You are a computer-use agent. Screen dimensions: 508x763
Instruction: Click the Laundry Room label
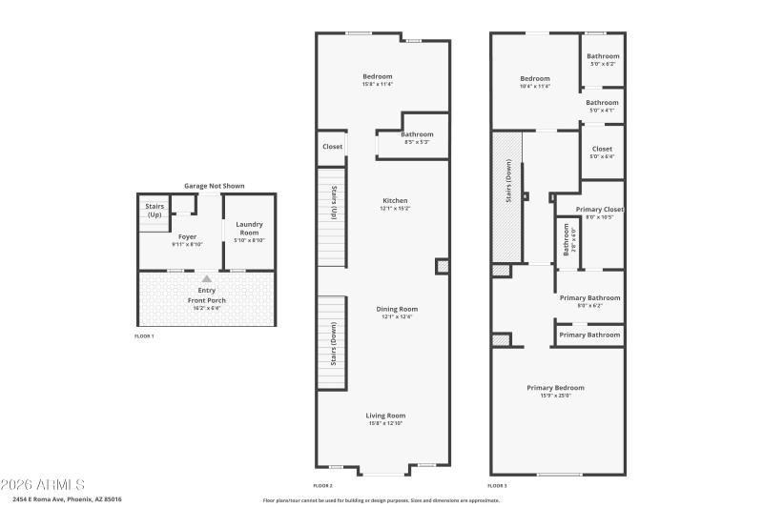pyautogui.click(x=249, y=228)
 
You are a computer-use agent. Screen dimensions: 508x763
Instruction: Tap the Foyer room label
pyautogui.click(x=188, y=236)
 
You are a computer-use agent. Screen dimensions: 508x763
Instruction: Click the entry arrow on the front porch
pyautogui.click(x=207, y=278)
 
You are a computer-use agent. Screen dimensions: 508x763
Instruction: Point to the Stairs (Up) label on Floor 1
pyautogui.click(x=155, y=210)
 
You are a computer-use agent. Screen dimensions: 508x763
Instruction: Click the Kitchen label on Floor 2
pyautogui.click(x=395, y=201)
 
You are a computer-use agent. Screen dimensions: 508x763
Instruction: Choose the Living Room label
pyautogui.click(x=385, y=416)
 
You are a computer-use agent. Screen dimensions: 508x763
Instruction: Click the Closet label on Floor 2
pyautogui.click(x=332, y=147)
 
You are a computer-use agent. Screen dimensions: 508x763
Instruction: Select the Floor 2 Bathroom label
pyautogui.click(x=417, y=134)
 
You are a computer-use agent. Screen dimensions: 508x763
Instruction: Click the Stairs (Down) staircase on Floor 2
pyautogui.click(x=331, y=342)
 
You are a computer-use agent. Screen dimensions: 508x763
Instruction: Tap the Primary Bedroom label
pyautogui.click(x=555, y=388)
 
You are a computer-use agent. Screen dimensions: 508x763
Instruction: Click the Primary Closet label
pyautogui.click(x=600, y=209)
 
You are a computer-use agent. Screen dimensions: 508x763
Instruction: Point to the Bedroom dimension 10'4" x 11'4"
pyautogui.click(x=535, y=87)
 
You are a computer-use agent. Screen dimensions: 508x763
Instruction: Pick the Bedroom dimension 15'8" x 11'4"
pyautogui.click(x=378, y=85)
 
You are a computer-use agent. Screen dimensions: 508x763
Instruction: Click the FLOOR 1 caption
pyautogui.click(x=144, y=336)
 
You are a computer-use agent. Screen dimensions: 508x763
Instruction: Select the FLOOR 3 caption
pyautogui.click(x=498, y=485)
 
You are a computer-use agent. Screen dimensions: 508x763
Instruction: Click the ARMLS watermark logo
pyautogui.click(x=43, y=484)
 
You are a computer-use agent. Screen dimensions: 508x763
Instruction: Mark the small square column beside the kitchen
pyautogui.click(x=442, y=267)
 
